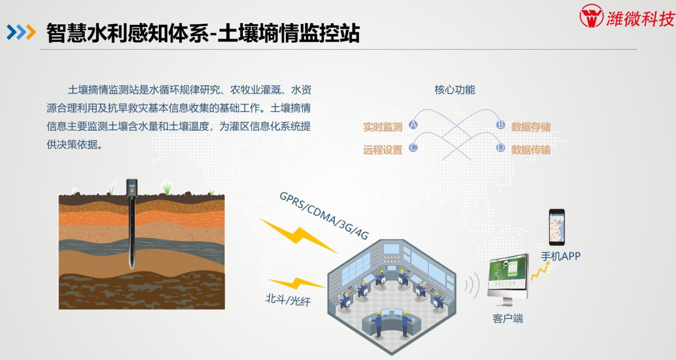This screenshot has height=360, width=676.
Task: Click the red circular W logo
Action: click(x=591, y=16)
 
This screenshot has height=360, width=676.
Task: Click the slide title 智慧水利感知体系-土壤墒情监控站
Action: click(x=203, y=33)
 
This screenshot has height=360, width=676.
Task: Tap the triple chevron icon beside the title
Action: click(x=21, y=32)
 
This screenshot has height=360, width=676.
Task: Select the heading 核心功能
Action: click(x=455, y=90)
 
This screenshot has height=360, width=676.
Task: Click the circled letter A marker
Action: click(x=413, y=125)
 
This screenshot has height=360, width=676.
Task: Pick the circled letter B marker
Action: click(x=500, y=125)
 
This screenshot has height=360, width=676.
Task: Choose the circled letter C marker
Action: click(x=413, y=148)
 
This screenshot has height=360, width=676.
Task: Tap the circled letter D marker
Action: click(x=500, y=148)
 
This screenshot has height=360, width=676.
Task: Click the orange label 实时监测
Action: click(x=383, y=127)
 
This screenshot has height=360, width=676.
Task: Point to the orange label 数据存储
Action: click(x=531, y=127)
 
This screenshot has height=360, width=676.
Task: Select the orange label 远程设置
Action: click(x=383, y=150)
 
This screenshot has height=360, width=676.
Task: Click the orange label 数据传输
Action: click(x=531, y=150)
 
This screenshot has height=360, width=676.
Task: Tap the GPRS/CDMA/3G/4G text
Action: click(x=324, y=216)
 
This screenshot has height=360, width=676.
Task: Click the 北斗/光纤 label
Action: click(x=288, y=300)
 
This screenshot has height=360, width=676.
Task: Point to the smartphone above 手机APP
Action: click(x=557, y=227)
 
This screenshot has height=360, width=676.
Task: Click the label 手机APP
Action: click(x=561, y=256)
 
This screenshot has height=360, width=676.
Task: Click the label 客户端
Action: click(x=508, y=319)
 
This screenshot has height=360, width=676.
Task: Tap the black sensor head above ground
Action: click(x=132, y=187)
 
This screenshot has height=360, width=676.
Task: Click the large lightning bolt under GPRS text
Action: click(x=298, y=236)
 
